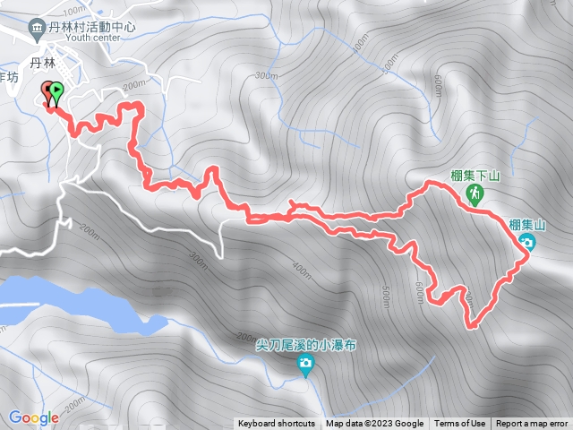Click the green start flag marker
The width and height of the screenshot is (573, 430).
pyautogui.click(x=57, y=90)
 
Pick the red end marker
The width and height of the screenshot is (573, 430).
pyautogui.click(x=47, y=90)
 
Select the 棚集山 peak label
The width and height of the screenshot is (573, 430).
pyautogui.click(x=526, y=225)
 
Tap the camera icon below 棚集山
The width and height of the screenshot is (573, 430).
pyautogui.click(x=527, y=243)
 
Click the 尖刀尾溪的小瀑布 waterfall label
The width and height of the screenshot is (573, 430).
pyautogui.click(x=306, y=345)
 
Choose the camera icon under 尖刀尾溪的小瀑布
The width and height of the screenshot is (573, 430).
pyautogui.click(x=306, y=364)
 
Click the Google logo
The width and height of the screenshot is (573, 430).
pyautogui.click(x=34, y=417)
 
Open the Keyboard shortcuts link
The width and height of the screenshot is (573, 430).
pyautogui.click(x=277, y=424)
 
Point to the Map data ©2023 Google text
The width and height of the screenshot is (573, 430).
pyautogui.click(x=375, y=424)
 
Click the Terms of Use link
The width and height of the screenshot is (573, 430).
pyautogui.click(x=460, y=424)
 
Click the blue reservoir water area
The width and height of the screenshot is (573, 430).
pyautogui.click(x=63, y=299)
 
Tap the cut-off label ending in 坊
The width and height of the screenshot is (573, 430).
pyautogui.click(x=9, y=78)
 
